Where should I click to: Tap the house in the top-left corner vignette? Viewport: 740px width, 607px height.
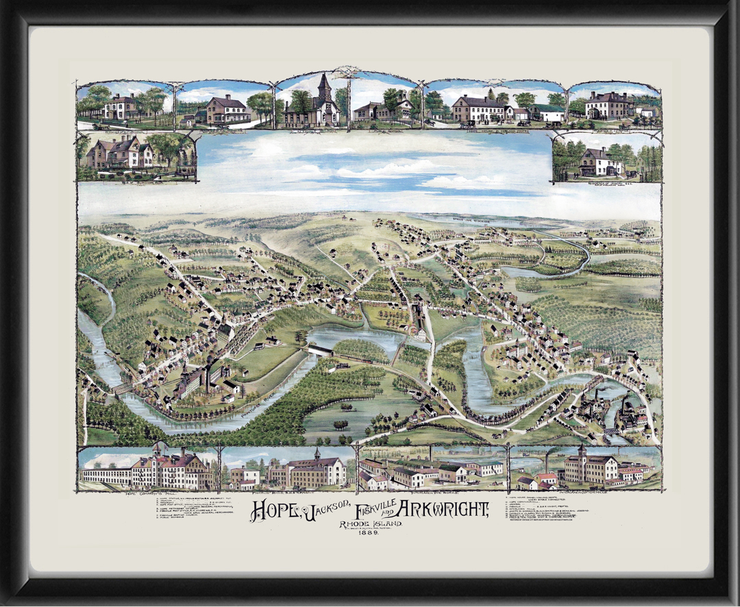[x=121, y=107]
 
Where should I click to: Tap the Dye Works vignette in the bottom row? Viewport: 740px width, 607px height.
[x=432, y=470]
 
